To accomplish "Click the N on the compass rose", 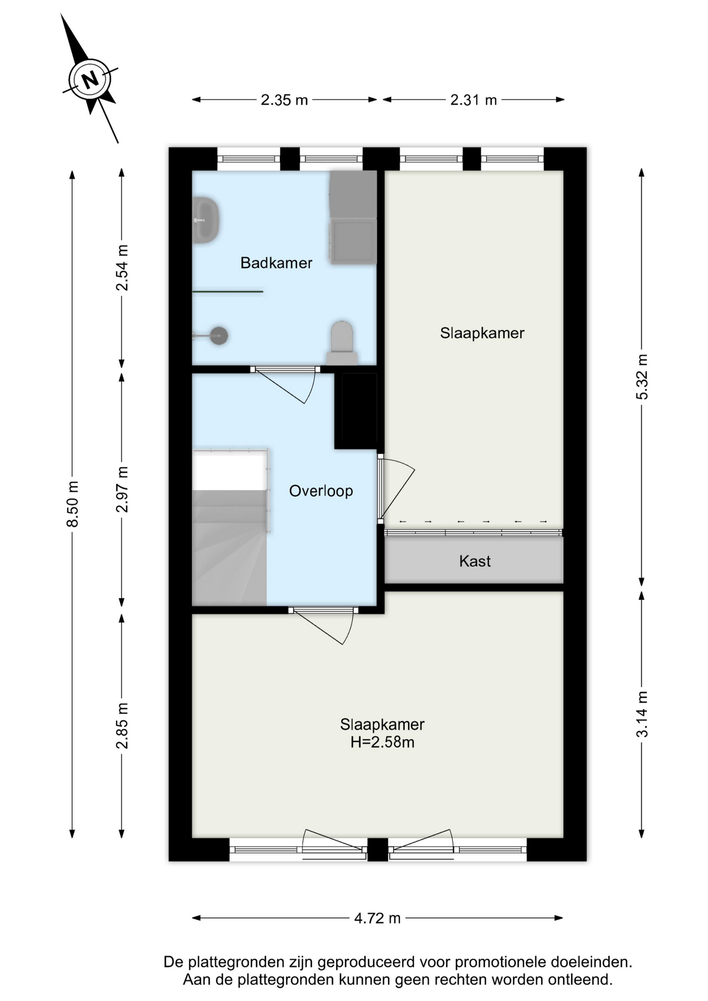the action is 90,79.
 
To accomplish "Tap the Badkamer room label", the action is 276,263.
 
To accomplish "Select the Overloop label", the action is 321,491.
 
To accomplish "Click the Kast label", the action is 475,561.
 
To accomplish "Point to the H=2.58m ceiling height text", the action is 382,742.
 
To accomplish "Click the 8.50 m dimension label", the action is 72,504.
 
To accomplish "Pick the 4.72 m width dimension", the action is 377,918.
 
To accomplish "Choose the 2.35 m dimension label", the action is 284,100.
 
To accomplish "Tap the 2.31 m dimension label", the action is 473,100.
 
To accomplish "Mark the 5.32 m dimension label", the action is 642,377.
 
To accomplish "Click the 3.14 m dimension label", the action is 642,714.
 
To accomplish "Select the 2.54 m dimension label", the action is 122,267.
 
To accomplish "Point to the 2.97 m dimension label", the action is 122,490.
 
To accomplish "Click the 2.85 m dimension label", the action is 122,726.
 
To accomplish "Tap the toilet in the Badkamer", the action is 342,343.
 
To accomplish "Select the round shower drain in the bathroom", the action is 219,336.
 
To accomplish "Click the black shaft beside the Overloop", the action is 356,410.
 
